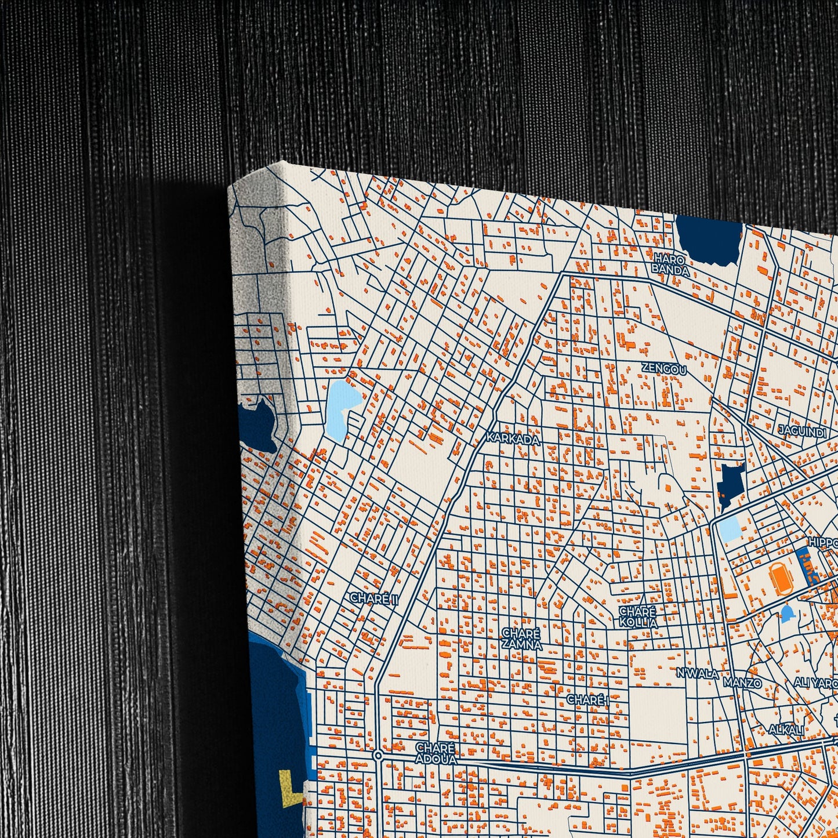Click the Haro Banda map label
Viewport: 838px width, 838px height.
670,264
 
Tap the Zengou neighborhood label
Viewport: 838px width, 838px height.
664,369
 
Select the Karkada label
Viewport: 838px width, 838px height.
513,439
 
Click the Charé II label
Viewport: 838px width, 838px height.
374,599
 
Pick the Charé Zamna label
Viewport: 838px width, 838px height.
522,639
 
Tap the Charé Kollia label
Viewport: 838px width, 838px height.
638,617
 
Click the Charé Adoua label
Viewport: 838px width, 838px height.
436,753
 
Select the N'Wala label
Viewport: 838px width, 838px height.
697,673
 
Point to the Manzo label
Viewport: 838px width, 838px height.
742,683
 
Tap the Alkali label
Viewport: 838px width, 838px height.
786,731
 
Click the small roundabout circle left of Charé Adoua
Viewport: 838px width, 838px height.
378,755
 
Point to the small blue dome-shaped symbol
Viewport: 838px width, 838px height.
787,613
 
